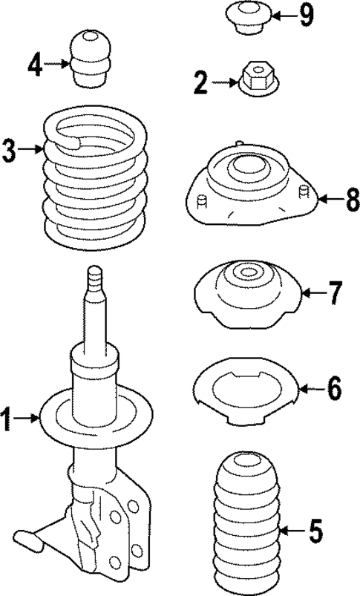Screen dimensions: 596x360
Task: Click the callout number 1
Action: [x=7, y=420]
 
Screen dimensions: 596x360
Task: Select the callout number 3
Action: [x=8, y=151]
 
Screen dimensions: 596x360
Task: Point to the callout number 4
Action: [x=34, y=65]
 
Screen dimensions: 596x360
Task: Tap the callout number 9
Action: [x=307, y=16]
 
